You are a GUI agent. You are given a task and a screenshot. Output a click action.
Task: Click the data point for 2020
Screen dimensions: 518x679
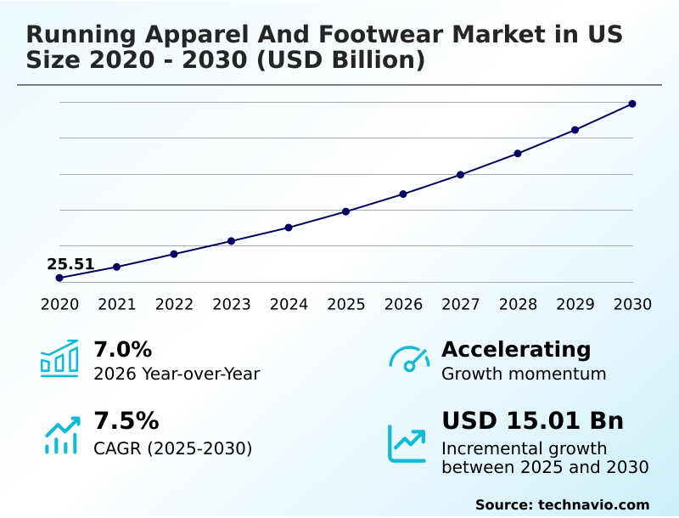point(59,278)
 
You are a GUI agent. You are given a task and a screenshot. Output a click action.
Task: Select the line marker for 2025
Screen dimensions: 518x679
point(346,211)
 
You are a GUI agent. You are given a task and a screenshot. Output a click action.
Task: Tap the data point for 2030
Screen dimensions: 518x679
point(632,104)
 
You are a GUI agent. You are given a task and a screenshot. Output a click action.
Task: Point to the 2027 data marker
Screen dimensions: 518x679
point(461,175)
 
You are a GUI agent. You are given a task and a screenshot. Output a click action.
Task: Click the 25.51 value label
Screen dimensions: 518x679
point(70,264)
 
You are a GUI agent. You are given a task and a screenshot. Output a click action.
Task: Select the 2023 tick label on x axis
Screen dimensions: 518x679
point(232,305)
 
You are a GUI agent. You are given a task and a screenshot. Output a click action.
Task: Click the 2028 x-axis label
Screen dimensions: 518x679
point(518,305)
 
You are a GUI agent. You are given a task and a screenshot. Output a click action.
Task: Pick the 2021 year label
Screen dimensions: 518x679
point(117,305)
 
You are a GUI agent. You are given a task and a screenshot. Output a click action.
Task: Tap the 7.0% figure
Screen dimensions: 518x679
point(122,349)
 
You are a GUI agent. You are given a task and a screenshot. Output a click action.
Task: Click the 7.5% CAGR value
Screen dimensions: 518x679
point(126,420)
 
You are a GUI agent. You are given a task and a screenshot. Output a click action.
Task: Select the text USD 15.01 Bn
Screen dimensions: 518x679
point(532,420)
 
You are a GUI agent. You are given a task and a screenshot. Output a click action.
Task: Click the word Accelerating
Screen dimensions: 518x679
point(516,349)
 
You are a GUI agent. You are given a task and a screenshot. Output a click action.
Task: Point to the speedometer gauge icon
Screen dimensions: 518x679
point(409,359)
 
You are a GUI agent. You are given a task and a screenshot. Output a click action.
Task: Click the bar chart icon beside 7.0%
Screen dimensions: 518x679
point(59,359)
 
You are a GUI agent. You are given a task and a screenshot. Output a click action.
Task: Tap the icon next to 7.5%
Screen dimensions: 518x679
point(61,435)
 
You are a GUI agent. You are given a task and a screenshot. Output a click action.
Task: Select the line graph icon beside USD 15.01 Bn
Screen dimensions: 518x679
point(407,442)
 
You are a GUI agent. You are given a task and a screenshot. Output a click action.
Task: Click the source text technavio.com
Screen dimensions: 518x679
point(593,504)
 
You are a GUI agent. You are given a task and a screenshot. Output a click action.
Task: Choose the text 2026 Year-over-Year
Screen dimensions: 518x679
point(177,374)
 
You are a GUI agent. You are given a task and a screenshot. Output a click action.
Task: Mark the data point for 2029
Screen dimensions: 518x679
point(575,130)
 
